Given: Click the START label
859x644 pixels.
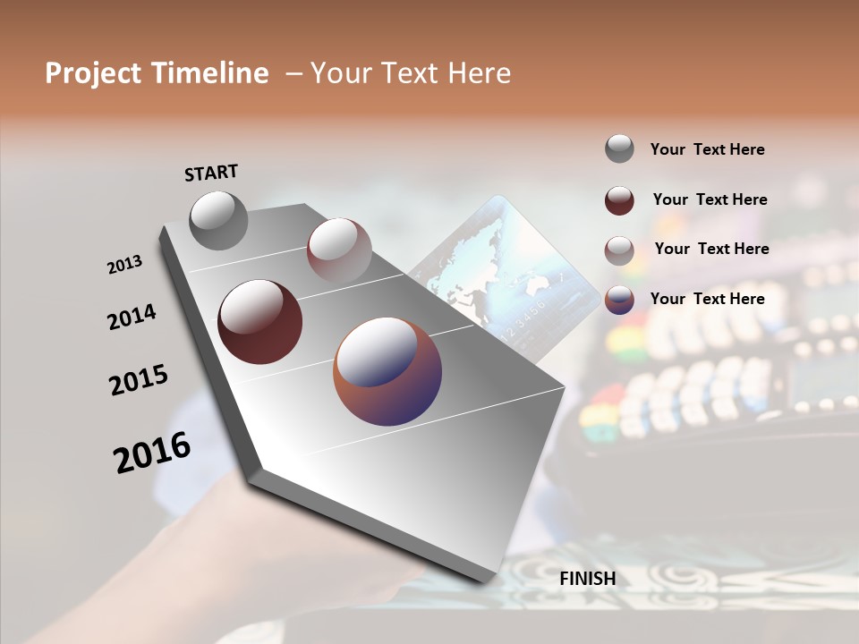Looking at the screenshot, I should (211, 173).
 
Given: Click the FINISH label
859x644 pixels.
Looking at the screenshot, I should (587, 579).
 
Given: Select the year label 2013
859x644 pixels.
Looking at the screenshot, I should (124, 265).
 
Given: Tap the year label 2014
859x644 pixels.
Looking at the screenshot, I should (132, 318).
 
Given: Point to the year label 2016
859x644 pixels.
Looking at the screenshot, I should (152, 453).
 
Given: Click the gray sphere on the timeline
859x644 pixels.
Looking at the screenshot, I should (218, 220).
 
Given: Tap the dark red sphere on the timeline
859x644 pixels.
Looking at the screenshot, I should (259, 322).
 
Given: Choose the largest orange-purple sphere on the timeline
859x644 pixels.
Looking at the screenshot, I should (387, 371).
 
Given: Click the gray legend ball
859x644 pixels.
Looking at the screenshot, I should (619, 148).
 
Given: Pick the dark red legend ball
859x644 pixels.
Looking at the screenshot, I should (619, 199).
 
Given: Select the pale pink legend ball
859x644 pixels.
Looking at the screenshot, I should (619, 250).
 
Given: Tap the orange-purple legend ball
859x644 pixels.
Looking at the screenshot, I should (619, 300).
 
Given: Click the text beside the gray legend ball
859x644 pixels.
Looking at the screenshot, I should (707, 149).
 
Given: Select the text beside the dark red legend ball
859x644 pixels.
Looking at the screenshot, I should (710, 199).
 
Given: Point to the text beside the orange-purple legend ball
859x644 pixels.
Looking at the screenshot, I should (707, 299).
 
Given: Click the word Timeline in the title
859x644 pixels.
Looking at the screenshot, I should (211, 73).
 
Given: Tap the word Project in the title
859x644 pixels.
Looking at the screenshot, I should (92, 73).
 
